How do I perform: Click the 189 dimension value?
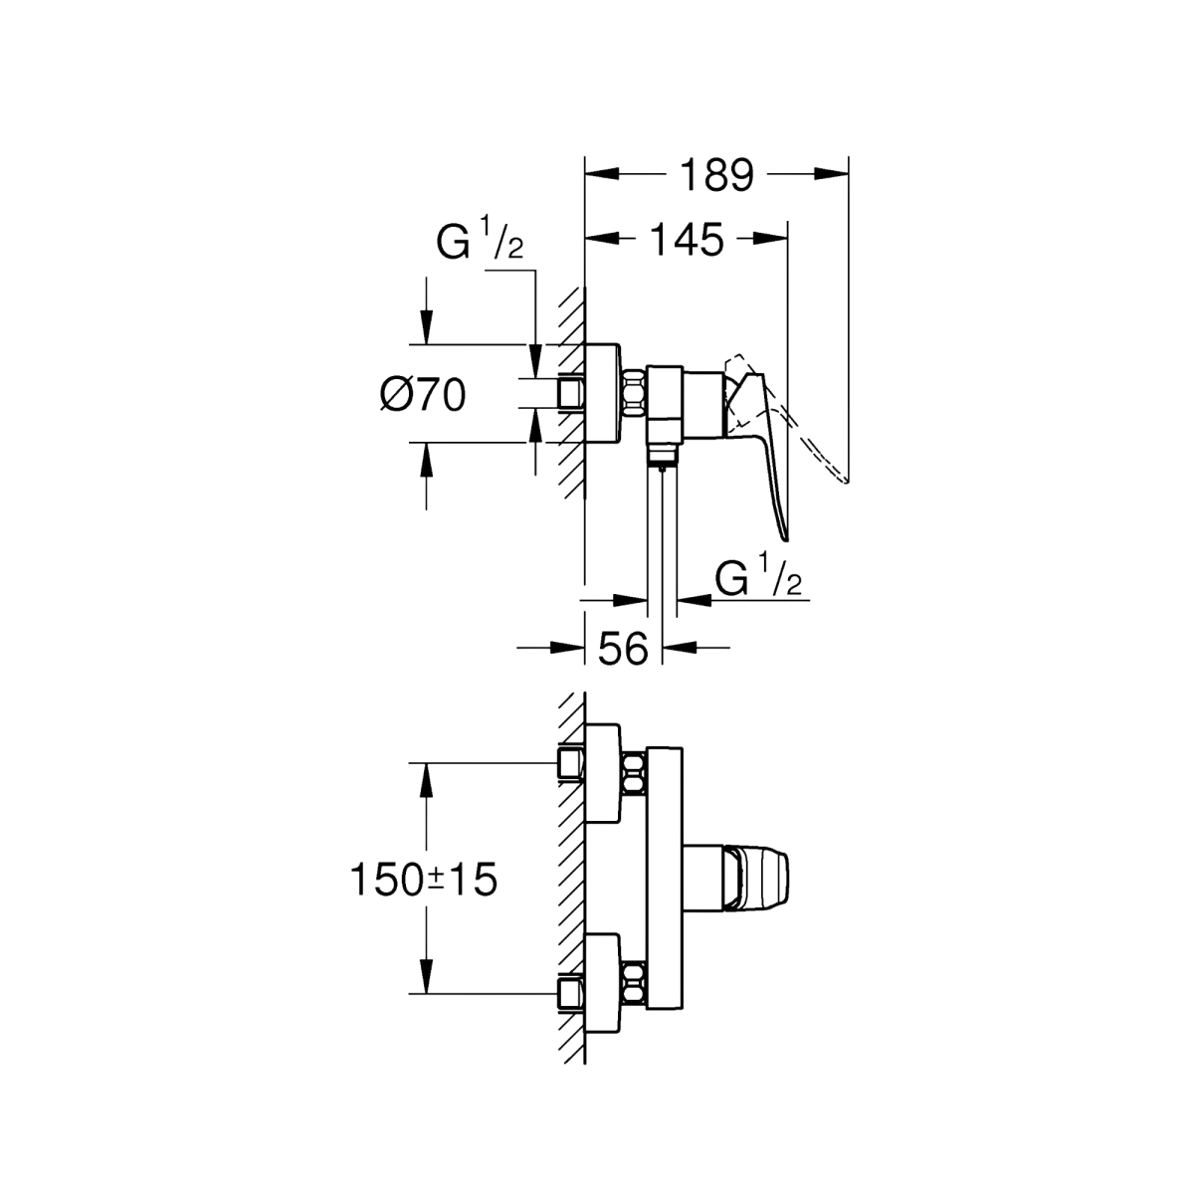(716, 175)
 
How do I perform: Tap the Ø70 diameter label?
(423, 395)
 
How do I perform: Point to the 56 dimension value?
(623, 649)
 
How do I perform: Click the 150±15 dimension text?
(424, 880)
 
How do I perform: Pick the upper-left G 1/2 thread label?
(480, 243)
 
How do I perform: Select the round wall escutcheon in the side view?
(602, 393)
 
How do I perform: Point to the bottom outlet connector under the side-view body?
(662, 457)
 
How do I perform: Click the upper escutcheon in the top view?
(602, 773)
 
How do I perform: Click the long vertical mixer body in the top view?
(665, 887)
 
